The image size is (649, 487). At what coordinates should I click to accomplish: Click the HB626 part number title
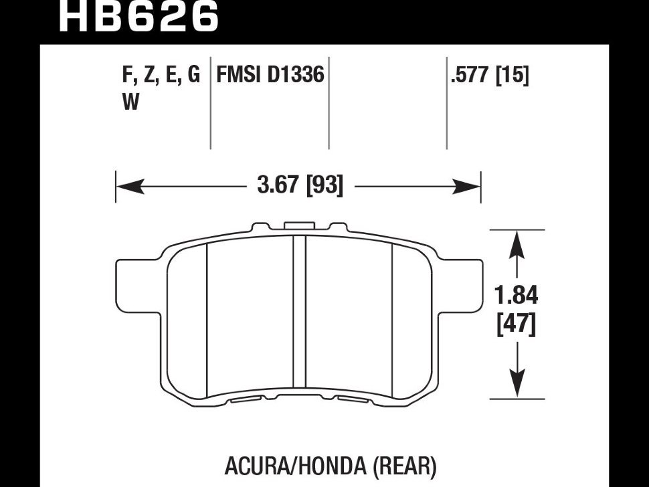point(138,16)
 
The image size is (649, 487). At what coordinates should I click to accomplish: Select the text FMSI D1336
point(270,75)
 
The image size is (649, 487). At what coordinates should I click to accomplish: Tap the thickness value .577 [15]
point(490,76)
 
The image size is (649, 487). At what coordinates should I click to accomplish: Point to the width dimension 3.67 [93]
point(300,185)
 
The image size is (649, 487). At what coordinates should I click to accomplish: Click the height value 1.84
point(516,295)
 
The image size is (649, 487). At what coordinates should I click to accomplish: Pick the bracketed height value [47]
point(516,324)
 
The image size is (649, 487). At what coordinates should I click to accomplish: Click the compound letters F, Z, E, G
point(161,76)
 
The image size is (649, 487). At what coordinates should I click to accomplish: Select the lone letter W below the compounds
point(130,102)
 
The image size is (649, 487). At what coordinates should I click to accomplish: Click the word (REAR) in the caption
point(404,466)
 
